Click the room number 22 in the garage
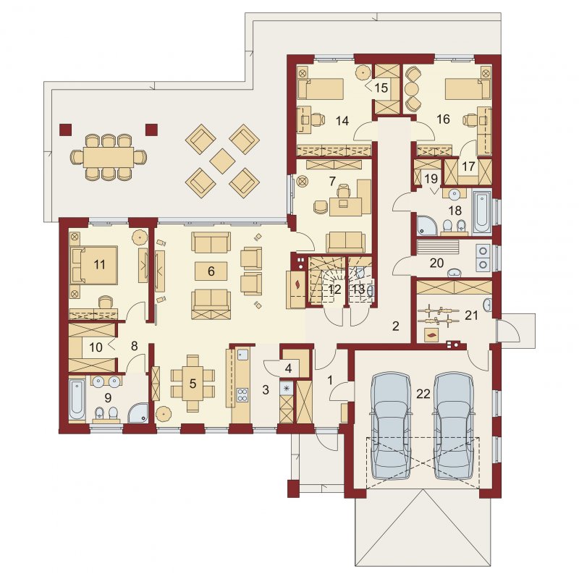(x=423, y=394)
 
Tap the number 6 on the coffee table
(x=211, y=271)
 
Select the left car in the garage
(x=391, y=427)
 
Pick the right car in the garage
(x=454, y=427)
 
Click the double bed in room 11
(x=95, y=265)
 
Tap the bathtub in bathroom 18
(x=482, y=211)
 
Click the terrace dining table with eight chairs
(x=108, y=157)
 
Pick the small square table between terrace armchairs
(x=222, y=161)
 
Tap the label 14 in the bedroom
(x=342, y=121)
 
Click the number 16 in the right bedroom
(x=443, y=119)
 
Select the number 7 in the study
(x=332, y=182)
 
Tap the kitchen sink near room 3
(x=242, y=355)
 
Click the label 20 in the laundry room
(x=437, y=263)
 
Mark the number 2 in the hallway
(x=395, y=326)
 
